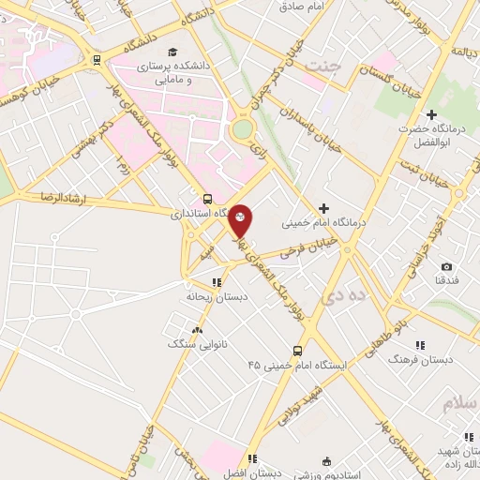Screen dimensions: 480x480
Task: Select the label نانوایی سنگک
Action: coord(190,344)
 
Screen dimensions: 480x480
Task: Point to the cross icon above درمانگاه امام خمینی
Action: coord(324,208)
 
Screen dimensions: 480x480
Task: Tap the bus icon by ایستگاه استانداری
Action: coord(207,199)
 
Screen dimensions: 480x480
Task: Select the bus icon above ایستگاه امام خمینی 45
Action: coord(297,351)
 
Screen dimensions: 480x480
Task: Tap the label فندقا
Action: coord(446,280)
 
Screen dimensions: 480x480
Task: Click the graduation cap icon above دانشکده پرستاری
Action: coord(171,52)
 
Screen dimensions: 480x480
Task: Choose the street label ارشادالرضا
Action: coord(37,197)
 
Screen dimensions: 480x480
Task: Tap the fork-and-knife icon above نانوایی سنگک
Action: coord(196,330)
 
